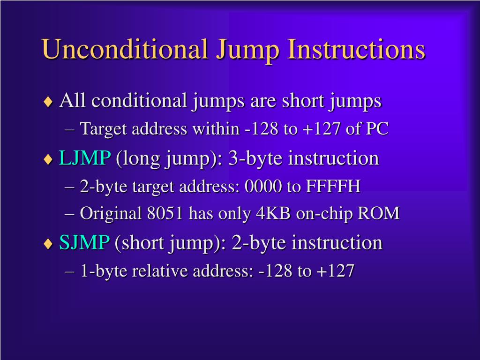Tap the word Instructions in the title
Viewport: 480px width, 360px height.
356,49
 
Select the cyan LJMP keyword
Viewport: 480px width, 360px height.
85,158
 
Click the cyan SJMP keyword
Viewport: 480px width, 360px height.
84,243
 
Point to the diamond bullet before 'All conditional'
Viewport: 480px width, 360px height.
48,102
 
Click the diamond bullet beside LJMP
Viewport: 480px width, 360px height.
48,159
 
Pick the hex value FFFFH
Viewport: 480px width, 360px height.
333,187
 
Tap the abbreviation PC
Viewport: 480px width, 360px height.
377,129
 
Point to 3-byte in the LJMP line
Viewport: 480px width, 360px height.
256,158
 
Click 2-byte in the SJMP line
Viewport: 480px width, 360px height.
259,243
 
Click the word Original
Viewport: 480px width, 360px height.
111,214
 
